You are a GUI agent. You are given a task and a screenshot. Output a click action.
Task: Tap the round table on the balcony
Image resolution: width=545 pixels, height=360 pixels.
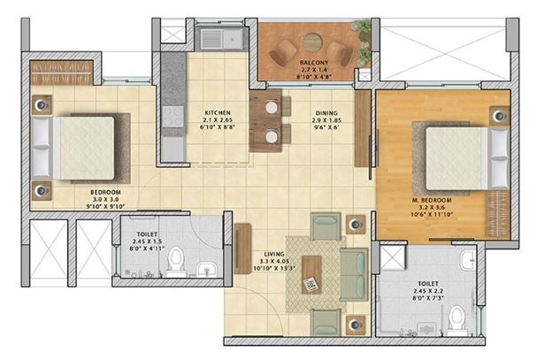point(311,41)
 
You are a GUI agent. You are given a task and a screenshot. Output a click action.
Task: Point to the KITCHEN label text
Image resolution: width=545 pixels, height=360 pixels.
point(218,113)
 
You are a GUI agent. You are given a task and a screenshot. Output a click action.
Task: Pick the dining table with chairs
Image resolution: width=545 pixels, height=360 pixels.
point(270,121)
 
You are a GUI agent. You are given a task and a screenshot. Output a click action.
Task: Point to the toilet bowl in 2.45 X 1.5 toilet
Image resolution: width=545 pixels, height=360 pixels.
point(176,262)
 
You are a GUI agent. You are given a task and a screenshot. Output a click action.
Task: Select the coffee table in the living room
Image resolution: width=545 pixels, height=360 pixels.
point(311,273)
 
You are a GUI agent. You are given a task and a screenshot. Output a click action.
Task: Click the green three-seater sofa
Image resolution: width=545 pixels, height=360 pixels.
point(354,273)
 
